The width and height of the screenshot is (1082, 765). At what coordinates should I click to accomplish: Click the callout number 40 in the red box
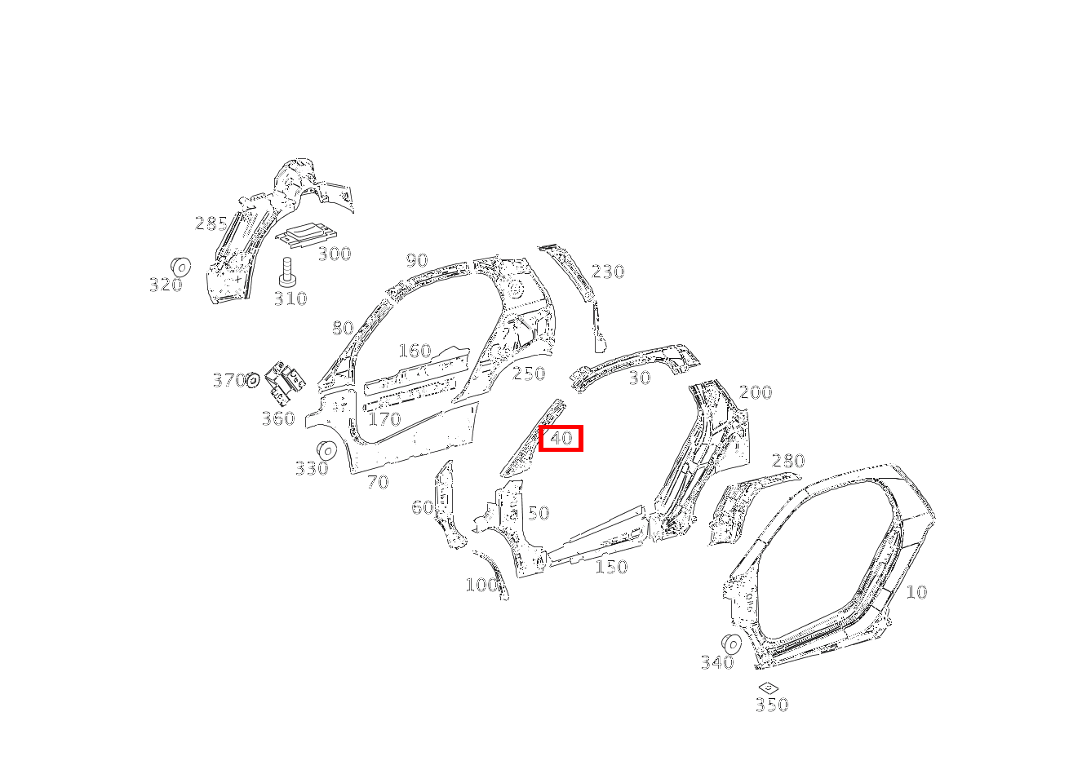click(561, 438)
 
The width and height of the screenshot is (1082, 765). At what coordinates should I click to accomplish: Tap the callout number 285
click(211, 223)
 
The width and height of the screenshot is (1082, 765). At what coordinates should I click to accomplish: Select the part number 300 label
click(335, 254)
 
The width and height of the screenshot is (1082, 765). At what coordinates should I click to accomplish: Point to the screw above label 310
click(287, 272)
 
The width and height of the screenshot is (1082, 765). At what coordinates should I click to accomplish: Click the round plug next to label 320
click(180, 267)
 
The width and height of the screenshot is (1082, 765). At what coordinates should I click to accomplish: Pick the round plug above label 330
click(326, 451)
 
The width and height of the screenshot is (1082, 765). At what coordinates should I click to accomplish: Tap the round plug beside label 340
click(731, 644)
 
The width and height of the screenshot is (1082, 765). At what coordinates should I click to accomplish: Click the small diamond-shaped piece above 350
click(768, 688)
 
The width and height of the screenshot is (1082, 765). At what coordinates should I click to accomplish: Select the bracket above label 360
click(285, 383)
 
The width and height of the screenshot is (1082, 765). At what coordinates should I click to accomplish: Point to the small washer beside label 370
click(253, 380)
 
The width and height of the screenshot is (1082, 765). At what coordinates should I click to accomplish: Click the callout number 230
click(608, 272)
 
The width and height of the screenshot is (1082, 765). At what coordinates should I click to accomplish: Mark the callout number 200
click(756, 392)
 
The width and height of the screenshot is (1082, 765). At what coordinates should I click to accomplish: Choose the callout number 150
click(611, 566)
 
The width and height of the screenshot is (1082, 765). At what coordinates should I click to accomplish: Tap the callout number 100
click(481, 585)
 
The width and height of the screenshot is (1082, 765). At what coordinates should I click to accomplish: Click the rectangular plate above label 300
click(306, 235)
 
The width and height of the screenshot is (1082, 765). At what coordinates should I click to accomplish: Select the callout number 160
click(415, 351)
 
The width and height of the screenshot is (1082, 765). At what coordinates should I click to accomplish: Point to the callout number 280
click(788, 461)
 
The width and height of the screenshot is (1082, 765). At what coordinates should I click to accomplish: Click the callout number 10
click(916, 592)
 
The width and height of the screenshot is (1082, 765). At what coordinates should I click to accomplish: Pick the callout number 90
click(417, 261)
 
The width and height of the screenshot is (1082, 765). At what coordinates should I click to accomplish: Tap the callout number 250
click(529, 373)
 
